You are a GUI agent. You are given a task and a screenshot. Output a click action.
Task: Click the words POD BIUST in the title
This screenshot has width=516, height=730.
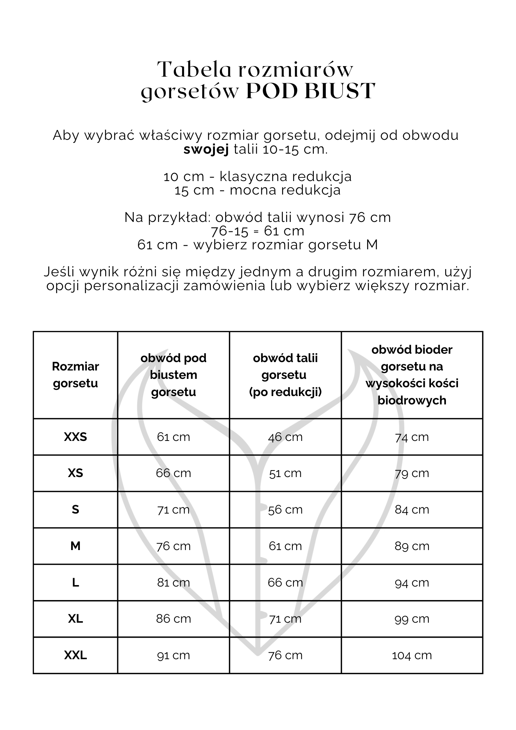(310, 91)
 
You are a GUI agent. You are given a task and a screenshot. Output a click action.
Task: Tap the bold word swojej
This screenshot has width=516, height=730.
(206, 150)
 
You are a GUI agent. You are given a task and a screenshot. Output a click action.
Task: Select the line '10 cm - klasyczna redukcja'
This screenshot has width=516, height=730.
(258, 176)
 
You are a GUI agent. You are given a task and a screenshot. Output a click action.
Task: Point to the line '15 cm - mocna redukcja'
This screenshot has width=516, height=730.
(258, 190)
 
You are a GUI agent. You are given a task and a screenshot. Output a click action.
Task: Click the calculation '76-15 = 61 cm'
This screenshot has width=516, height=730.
(258, 231)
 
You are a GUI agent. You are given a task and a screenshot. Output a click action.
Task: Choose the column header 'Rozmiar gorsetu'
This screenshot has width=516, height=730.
(76, 375)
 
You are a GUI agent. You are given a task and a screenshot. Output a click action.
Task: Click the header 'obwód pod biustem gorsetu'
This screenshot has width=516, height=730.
(173, 375)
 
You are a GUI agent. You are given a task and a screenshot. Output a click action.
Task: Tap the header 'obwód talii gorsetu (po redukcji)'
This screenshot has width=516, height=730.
(285, 375)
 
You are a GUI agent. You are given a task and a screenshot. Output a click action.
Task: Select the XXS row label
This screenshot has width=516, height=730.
(76, 437)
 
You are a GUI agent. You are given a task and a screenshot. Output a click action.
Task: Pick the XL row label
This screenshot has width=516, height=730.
(76, 619)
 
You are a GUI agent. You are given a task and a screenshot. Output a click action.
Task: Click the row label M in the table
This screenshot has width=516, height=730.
(76, 546)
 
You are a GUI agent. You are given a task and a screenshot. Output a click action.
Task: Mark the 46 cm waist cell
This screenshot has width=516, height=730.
(285, 437)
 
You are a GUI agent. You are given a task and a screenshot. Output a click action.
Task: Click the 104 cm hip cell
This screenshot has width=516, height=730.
(412, 655)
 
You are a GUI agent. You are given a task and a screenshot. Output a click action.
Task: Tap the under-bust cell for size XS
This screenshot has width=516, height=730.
(173, 473)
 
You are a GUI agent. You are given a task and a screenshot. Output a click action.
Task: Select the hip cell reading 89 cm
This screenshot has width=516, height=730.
(412, 546)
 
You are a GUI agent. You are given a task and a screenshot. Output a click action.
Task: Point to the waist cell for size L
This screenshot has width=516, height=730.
(285, 582)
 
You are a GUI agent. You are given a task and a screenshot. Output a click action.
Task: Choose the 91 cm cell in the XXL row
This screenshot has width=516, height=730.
(173, 655)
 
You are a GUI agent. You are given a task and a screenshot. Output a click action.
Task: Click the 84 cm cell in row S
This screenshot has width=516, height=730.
(412, 510)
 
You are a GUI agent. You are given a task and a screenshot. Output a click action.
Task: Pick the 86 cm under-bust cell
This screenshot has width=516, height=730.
(173, 619)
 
